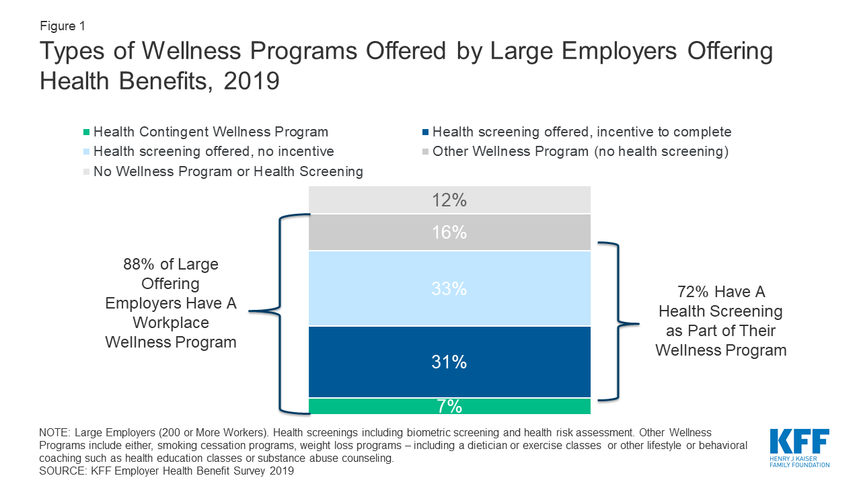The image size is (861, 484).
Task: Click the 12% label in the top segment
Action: (449, 200)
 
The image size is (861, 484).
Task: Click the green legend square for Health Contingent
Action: (86, 132)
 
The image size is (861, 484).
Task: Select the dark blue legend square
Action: (425, 132)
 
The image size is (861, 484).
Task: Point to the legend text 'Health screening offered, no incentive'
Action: (214, 152)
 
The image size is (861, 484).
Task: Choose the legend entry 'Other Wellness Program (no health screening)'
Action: (581, 152)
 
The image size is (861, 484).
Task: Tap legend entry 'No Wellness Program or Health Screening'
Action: (228, 171)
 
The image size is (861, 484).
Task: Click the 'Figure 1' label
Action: (62, 26)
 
